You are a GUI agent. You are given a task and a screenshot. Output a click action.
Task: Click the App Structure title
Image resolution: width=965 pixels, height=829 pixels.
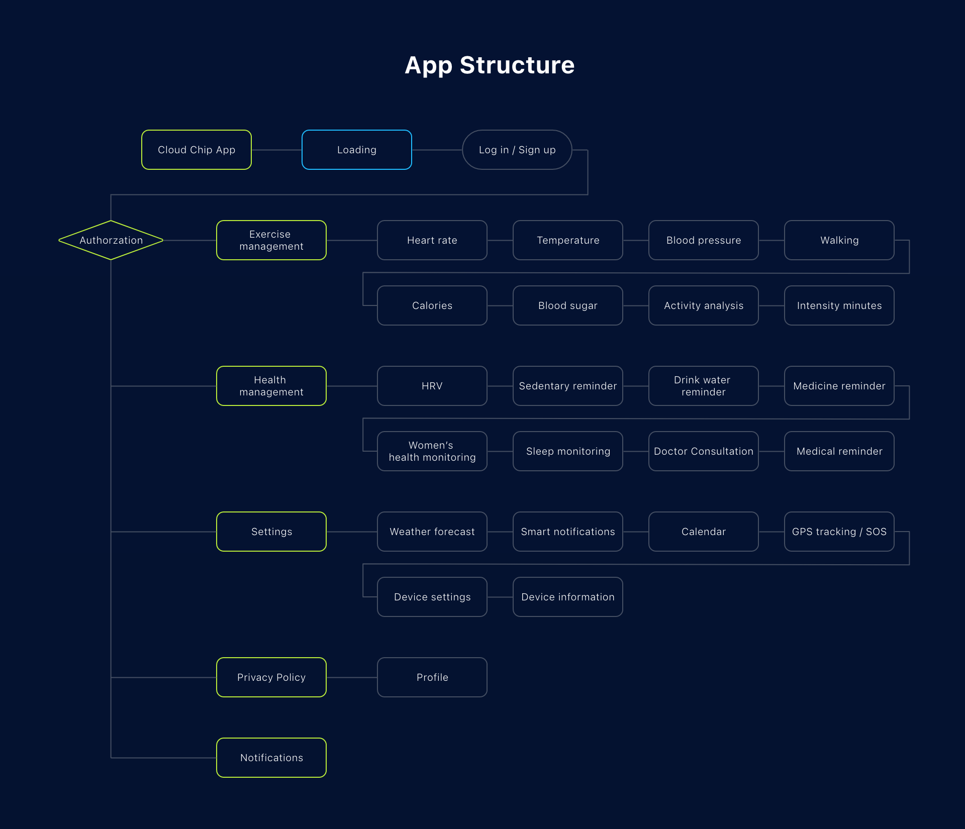[x=489, y=65]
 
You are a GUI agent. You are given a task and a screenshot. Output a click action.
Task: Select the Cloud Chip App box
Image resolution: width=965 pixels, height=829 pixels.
[x=197, y=150]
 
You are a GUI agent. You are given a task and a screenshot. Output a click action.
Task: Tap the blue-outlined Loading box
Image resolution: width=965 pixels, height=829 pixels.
[x=357, y=150]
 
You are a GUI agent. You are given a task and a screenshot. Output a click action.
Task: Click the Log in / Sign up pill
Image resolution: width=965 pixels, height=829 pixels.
[x=517, y=150]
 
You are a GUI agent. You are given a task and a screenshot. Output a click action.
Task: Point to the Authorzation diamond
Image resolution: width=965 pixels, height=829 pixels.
[x=111, y=240]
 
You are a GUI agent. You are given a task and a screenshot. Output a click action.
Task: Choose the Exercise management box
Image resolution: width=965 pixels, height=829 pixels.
[x=271, y=240]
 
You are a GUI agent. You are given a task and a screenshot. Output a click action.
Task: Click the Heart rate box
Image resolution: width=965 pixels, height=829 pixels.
[x=432, y=240]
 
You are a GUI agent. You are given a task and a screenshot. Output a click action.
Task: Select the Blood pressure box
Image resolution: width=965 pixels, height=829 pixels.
[x=704, y=240]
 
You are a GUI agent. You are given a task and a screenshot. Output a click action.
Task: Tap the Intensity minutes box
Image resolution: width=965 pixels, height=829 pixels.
[x=839, y=305]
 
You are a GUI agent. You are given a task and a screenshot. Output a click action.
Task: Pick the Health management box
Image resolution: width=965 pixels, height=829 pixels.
[x=271, y=386]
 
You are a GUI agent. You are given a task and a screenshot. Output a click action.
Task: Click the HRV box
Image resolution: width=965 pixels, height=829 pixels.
[x=432, y=386]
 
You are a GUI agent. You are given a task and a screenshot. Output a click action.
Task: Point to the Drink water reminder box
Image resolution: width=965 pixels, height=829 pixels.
[x=704, y=386]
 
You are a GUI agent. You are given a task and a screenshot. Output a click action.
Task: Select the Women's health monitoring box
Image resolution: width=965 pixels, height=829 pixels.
[x=432, y=451]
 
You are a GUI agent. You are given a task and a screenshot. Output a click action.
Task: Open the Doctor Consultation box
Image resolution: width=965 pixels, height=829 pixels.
[x=704, y=451]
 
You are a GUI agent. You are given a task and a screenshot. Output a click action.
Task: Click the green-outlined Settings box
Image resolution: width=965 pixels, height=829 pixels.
[x=271, y=532]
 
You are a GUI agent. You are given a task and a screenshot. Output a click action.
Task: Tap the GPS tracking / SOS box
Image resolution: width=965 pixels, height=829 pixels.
[x=839, y=532]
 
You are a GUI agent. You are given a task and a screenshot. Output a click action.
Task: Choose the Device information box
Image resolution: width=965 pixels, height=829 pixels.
[x=568, y=597]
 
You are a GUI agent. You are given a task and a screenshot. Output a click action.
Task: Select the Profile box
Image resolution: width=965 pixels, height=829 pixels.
[x=432, y=677]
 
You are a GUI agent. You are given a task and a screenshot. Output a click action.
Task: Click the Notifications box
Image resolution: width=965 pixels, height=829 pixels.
[x=271, y=758]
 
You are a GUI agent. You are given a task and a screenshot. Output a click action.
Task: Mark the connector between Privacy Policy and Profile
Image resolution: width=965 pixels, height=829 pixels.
[x=352, y=677]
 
